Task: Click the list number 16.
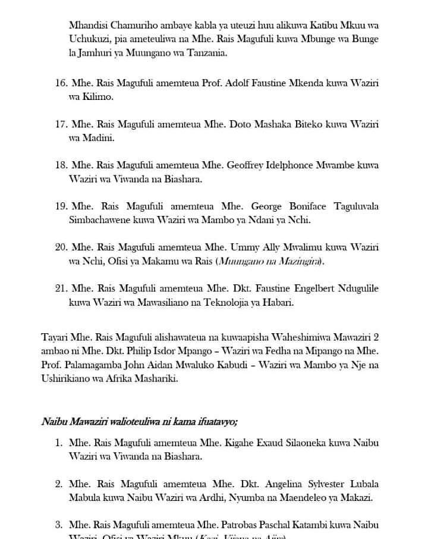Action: [61, 83]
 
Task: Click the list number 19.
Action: [61, 206]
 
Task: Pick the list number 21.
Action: [61, 288]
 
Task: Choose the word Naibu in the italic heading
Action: [55, 422]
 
